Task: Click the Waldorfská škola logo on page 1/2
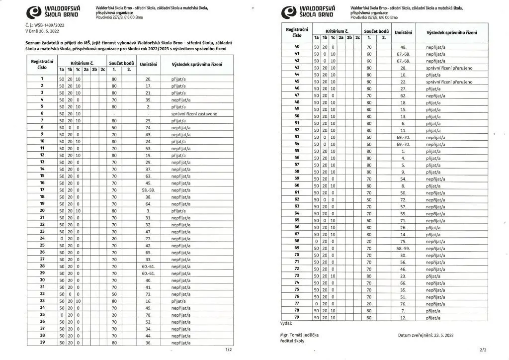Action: tap(53, 12)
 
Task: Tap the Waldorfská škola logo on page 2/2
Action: tap(309, 11)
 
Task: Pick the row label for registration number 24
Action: tap(42, 238)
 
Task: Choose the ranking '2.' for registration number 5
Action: tap(148, 106)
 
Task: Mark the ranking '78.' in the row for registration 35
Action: tap(148, 315)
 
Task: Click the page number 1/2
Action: tap(228, 350)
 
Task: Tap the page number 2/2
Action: tap(484, 350)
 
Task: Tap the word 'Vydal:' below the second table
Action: tap(287, 323)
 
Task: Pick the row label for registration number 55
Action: tap(297, 151)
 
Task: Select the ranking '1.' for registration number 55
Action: tap(403, 151)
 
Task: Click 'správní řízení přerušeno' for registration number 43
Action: tap(449, 67)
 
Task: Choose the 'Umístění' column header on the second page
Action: tap(403, 32)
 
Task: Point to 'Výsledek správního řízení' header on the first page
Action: tap(197, 65)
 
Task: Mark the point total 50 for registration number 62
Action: tap(369, 199)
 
